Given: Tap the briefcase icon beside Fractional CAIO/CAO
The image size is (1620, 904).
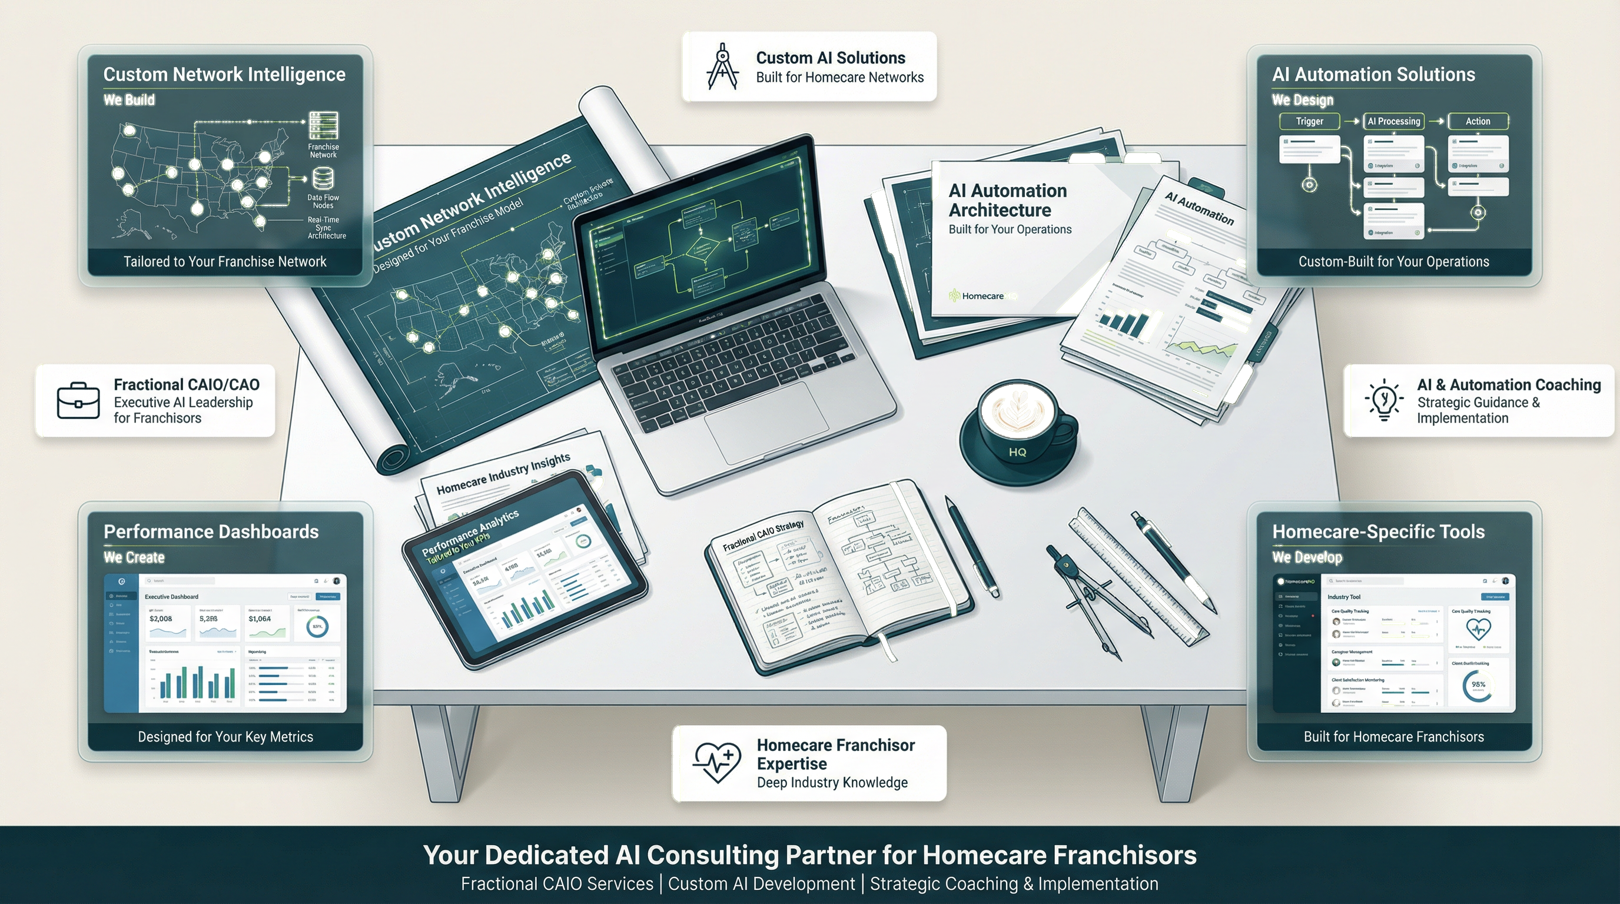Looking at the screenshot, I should click(78, 400).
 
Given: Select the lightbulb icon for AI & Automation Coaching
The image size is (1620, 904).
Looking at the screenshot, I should click(1383, 400).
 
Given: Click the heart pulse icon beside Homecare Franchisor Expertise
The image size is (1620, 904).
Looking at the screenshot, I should click(717, 762).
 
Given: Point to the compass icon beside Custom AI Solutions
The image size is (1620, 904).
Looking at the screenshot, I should click(723, 67).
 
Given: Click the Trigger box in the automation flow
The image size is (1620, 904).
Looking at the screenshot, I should click(1309, 121).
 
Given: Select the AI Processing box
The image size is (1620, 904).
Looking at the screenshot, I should click(1393, 121).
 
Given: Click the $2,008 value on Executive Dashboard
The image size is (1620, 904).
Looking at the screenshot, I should click(161, 619).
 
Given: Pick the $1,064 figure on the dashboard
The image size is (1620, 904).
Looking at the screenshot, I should click(260, 619).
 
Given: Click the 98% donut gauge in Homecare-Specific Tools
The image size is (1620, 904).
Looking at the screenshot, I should click(1478, 684).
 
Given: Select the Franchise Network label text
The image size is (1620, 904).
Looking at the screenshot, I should click(323, 151).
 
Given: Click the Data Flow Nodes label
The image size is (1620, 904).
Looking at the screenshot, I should click(323, 201).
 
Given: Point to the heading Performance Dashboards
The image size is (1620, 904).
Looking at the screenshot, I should click(211, 532).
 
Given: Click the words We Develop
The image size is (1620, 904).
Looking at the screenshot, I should click(1307, 557).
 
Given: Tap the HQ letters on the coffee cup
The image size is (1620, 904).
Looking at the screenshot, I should click(1017, 452).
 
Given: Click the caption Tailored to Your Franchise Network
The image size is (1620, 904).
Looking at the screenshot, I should click(225, 261).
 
